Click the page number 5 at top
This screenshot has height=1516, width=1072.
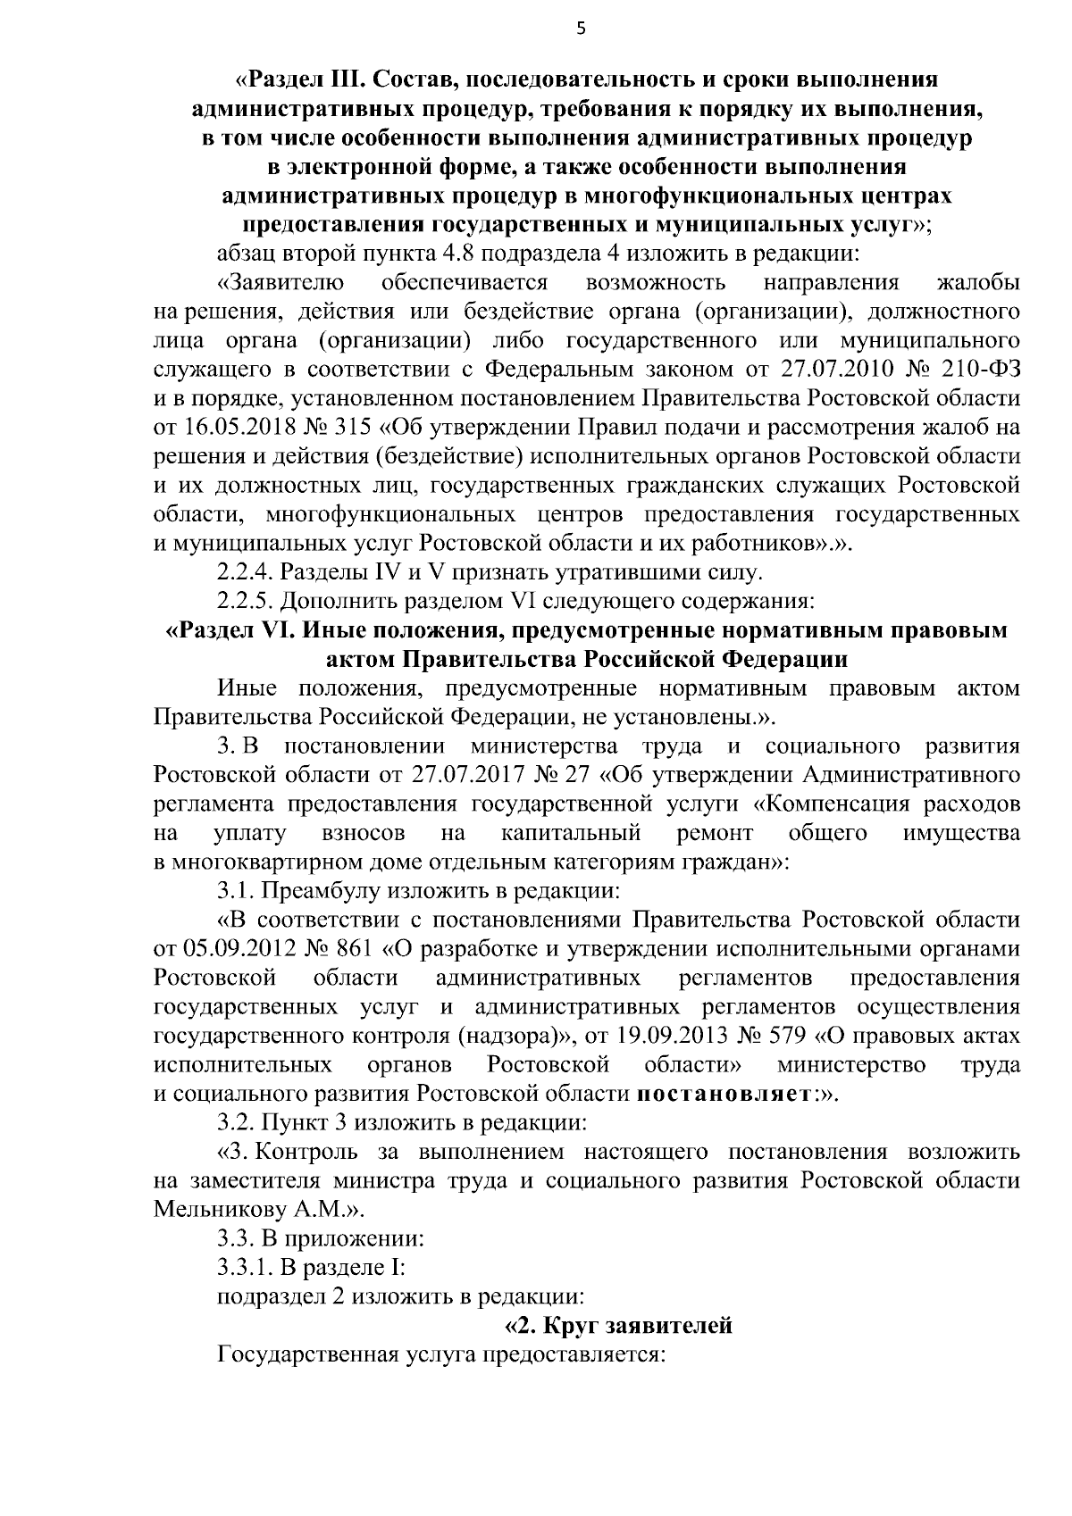click(x=581, y=29)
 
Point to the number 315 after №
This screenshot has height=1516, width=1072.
click(x=351, y=427)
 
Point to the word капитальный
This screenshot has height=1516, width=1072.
click(x=571, y=833)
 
